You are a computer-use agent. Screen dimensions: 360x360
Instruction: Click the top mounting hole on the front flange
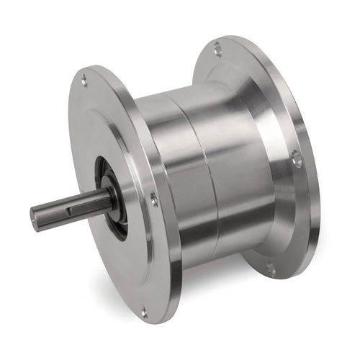tap(85, 81)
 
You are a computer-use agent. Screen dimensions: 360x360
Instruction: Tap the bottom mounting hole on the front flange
tap(143, 311)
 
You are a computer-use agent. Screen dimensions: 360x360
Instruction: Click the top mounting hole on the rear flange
tap(217, 49)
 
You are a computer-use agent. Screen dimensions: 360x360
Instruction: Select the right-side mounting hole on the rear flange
tap(296, 159)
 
